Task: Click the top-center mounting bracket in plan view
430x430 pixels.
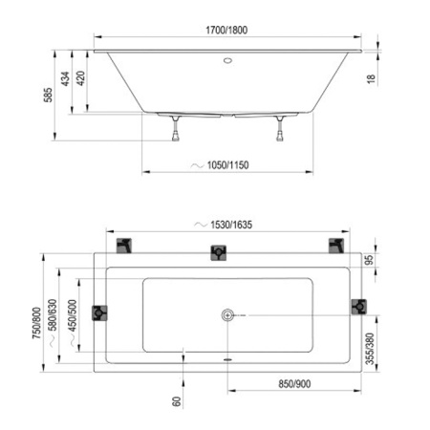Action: pyautogui.click(x=219, y=253)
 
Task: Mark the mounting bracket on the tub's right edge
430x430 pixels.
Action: pyautogui.click(x=358, y=307)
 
